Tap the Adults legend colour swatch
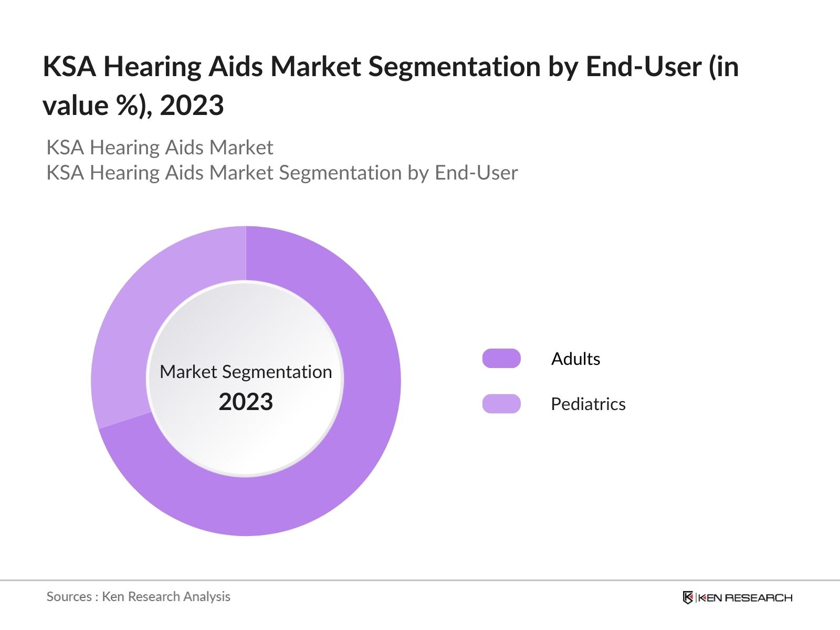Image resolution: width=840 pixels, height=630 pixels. [x=501, y=359]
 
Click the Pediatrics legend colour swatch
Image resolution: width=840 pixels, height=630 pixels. [x=501, y=404]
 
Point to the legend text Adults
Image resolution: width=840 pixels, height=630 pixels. [x=575, y=359]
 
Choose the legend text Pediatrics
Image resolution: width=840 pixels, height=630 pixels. [x=588, y=404]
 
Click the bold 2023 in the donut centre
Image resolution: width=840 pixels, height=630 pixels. [x=246, y=402]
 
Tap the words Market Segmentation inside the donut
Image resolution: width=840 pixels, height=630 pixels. [x=246, y=372]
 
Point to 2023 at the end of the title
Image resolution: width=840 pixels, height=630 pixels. [x=192, y=106]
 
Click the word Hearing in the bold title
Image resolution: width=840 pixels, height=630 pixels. [x=152, y=67]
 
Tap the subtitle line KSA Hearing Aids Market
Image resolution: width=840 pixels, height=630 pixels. [x=160, y=148]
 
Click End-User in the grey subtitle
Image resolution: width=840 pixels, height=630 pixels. [x=476, y=173]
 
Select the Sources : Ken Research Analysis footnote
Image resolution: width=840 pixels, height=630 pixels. [x=139, y=596]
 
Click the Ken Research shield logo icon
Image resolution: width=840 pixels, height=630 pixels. [x=688, y=597]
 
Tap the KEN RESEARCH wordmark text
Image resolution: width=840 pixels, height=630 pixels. [x=745, y=597]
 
